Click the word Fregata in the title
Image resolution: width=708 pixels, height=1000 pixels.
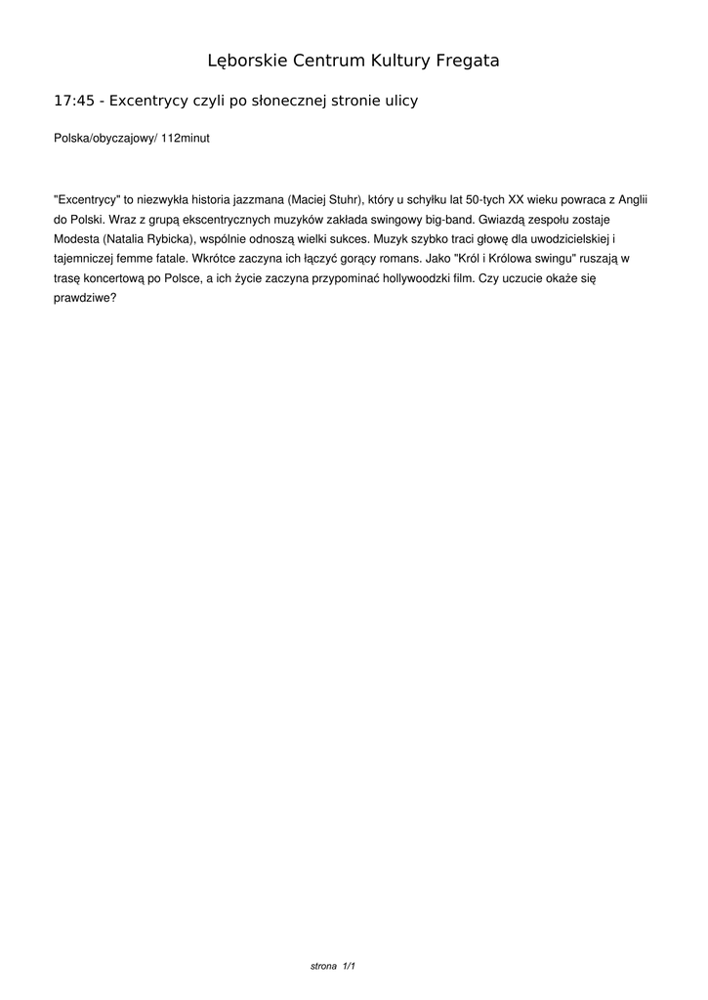pyautogui.click(x=464, y=62)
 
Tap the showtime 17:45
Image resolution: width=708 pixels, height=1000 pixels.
pyautogui.click(x=73, y=101)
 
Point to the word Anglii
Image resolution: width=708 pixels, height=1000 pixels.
pyautogui.click(x=633, y=197)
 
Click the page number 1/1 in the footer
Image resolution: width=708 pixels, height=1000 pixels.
pyautogui.click(x=349, y=966)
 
